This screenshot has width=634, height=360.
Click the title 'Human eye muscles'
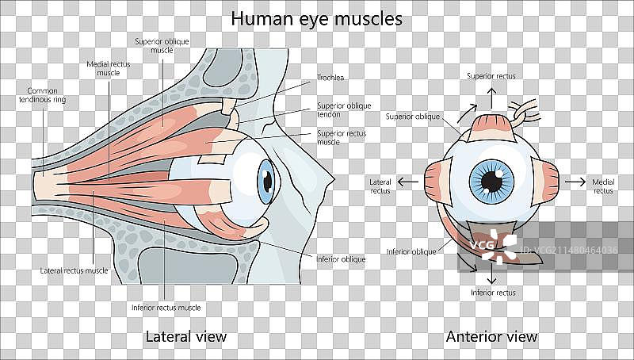pos(316,18)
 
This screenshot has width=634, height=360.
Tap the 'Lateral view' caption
pos(186,336)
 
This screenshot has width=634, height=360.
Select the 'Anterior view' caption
pos(491,336)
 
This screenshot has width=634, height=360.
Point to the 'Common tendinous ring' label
pos(41,96)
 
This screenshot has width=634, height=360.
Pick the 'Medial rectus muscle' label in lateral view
pos(108,67)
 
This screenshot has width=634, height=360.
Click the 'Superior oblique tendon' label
pos(343,109)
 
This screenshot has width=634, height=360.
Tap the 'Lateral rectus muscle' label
pos(74,270)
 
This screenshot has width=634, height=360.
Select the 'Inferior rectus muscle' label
pos(166,307)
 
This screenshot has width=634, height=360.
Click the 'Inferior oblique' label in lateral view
pos(339,259)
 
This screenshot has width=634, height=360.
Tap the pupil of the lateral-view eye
pos(269,182)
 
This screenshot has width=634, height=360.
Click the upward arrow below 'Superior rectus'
pos(491,97)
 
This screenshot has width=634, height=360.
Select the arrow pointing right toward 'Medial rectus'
pos(574,182)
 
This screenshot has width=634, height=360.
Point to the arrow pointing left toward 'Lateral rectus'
pos(408,182)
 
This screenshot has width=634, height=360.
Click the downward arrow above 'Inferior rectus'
pos(492,273)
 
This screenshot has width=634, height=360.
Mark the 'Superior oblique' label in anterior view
pos(412,117)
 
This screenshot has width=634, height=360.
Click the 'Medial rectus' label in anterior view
pos(603,186)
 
